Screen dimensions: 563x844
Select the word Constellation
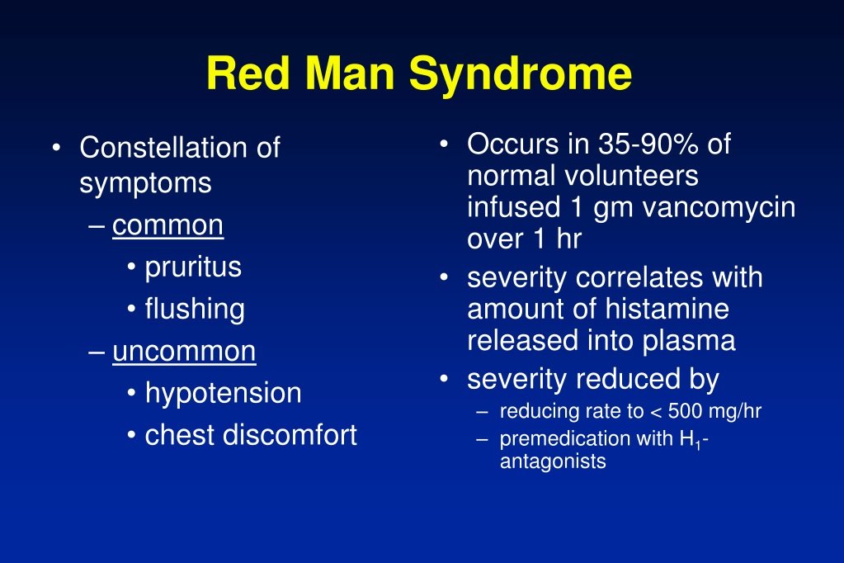click(165, 148)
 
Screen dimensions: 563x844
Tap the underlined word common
click(167, 225)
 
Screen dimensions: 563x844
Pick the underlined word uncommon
click(184, 352)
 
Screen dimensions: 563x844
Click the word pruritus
click(193, 267)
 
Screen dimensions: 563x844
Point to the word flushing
click(195, 310)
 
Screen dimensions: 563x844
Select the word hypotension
click(223, 394)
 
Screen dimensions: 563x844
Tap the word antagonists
click(552, 461)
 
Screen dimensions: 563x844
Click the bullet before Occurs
click(444, 145)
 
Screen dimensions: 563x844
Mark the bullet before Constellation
click(55, 149)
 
